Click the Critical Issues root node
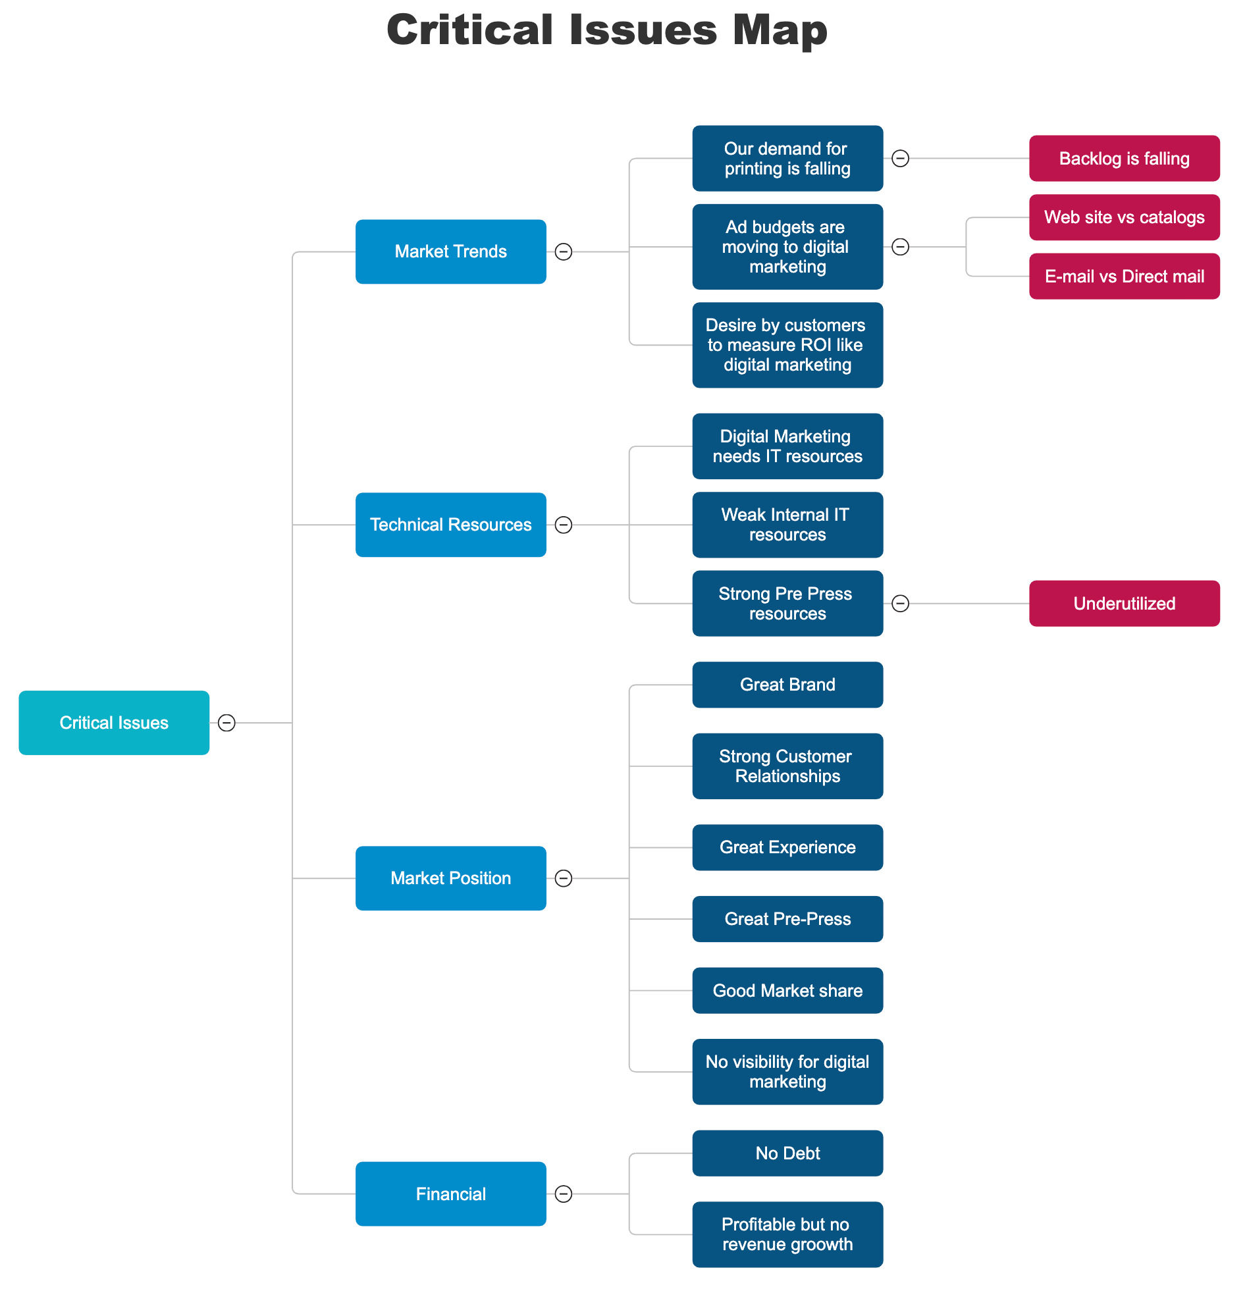tap(114, 724)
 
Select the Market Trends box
tap(451, 252)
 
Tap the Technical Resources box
tap(451, 525)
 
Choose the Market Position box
tap(451, 879)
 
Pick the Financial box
tap(451, 1195)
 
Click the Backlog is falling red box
tap(1125, 158)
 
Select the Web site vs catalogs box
tap(1125, 218)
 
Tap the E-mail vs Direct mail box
tap(1125, 277)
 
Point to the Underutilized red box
tap(1125, 604)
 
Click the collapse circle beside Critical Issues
tap(227, 724)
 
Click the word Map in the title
tap(780, 30)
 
